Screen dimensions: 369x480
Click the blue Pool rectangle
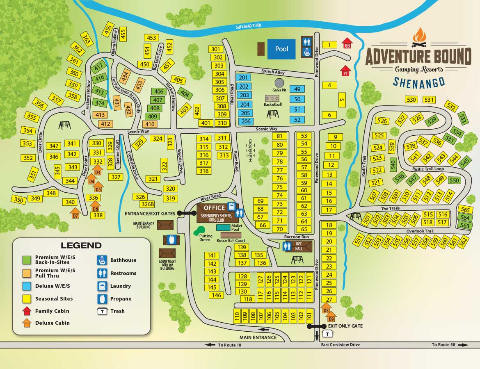coord(281,49)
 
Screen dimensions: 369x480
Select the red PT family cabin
coord(345,72)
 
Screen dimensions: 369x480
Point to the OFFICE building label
coord(214,208)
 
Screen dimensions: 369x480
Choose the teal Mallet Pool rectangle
coord(223,227)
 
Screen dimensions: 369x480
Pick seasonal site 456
coord(108,30)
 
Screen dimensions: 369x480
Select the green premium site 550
coord(454,180)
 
